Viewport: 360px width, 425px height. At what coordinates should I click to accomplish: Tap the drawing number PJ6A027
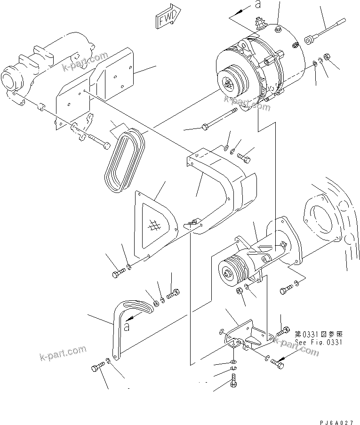338,418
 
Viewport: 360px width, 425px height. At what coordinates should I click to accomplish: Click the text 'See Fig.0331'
319,342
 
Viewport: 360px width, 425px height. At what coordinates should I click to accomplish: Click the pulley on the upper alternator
230,84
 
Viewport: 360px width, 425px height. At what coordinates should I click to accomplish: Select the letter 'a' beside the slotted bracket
127,326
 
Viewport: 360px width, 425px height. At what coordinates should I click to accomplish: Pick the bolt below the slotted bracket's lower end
96,367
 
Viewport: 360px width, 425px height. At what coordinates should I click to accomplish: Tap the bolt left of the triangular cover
117,273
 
